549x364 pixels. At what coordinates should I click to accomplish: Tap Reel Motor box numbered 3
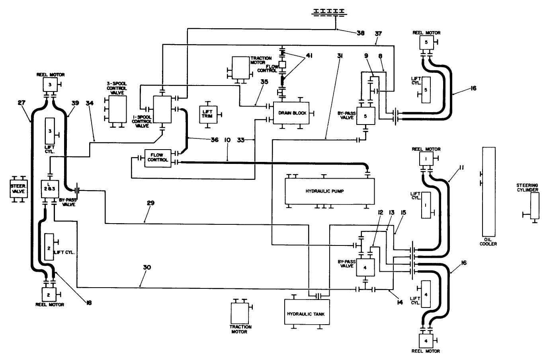point(50,84)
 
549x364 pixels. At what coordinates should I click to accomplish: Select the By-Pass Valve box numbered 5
point(365,116)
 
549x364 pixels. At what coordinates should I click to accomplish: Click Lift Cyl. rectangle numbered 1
point(426,205)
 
